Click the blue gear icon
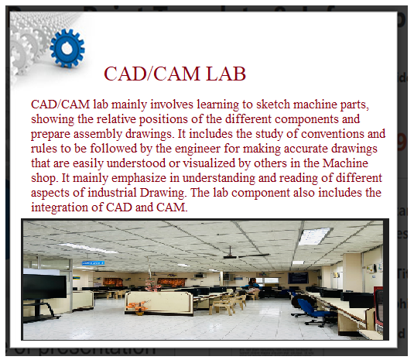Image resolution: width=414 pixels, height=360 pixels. [x=67, y=48]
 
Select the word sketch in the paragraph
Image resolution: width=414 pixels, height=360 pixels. [x=273, y=105]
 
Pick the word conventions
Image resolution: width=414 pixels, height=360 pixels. [x=333, y=134]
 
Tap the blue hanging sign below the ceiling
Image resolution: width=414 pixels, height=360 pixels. [x=93, y=263]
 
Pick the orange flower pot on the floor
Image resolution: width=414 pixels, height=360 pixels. [x=138, y=308]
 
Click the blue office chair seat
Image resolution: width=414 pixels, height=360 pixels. [x=311, y=311]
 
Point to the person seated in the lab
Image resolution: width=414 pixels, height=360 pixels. [x=252, y=286]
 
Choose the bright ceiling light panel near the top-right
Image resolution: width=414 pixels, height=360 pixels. [x=314, y=236]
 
